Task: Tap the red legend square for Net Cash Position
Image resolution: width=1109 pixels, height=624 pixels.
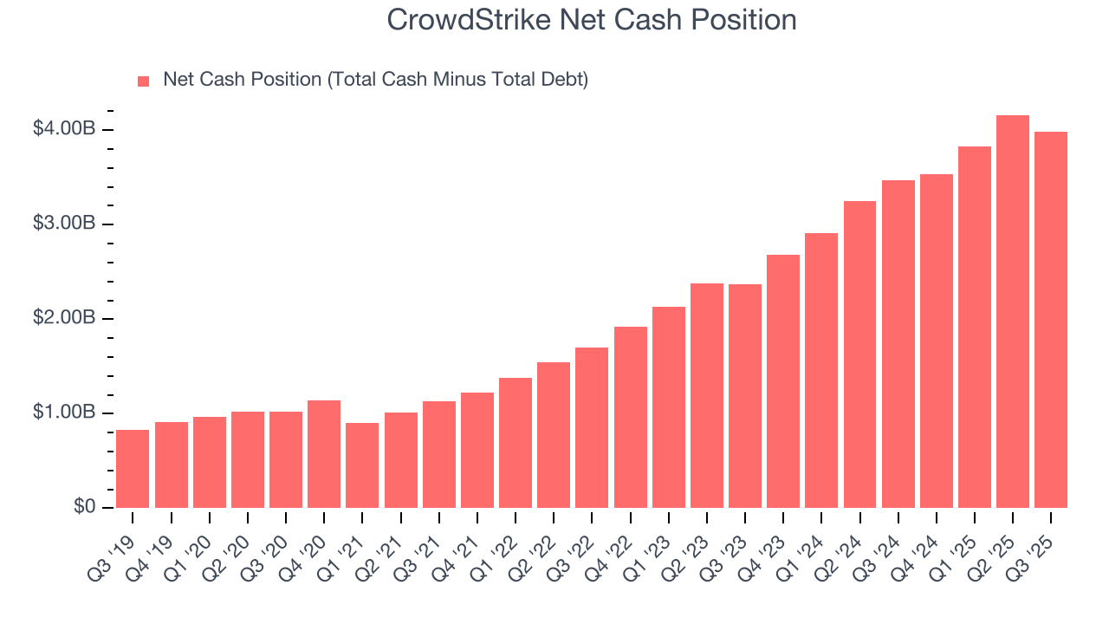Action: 144,81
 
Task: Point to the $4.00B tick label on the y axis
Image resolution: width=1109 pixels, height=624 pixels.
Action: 63,129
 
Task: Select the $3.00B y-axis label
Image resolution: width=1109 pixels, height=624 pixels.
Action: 63,224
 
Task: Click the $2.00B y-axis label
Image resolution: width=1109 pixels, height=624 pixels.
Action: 63,318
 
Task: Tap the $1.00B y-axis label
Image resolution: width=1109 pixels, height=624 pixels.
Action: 63,413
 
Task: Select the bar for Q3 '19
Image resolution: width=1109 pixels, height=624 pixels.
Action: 133,469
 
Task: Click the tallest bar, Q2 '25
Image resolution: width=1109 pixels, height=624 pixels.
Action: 1013,312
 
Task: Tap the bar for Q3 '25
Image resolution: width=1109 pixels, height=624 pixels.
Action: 1051,320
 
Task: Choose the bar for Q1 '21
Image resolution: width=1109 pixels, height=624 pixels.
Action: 362,465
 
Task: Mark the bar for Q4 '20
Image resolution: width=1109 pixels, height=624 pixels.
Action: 324,454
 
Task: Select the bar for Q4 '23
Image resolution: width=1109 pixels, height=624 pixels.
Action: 783,381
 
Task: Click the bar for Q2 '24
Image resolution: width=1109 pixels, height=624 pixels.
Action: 859,354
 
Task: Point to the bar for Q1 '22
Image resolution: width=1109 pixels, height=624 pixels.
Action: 516,443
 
